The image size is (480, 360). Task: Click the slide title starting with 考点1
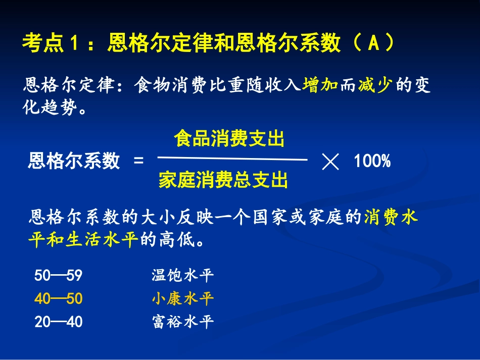click(x=207, y=44)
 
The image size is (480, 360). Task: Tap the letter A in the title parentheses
click(x=372, y=44)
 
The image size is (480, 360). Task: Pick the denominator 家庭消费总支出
click(x=223, y=179)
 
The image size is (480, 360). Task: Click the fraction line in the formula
click(x=232, y=160)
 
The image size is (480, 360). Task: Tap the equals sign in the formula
click(x=138, y=161)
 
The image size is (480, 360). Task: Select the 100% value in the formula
click(x=372, y=161)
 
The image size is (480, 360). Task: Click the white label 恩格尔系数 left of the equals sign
click(x=74, y=161)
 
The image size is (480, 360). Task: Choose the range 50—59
click(x=58, y=276)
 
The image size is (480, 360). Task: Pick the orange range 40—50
click(x=58, y=299)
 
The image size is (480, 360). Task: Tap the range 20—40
click(x=58, y=322)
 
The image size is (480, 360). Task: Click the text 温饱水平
click(x=182, y=276)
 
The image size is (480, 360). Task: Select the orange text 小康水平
click(x=182, y=299)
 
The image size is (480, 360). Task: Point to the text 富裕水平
click(x=182, y=322)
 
